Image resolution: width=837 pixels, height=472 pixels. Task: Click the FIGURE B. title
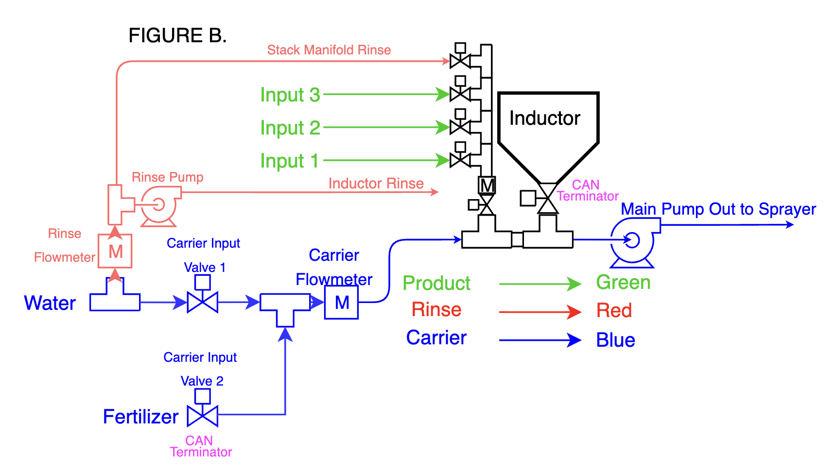[177, 35]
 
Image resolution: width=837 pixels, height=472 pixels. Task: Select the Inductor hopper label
[545, 118]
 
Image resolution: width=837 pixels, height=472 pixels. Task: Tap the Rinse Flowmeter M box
[115, 251]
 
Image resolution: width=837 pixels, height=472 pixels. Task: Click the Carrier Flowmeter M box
[342, 302]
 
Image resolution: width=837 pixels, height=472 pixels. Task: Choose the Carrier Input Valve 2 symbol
[203, 408]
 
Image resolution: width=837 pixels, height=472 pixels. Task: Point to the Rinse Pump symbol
[159, 205]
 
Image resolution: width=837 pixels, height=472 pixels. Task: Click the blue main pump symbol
[633, 241]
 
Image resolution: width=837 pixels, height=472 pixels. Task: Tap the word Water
[50, 303]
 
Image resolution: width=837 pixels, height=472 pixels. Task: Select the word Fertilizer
[141, 417]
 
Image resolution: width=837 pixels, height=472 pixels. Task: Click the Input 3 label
[290, 95]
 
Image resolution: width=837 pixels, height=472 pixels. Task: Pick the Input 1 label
[290, 161]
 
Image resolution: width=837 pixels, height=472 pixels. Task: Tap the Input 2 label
[290, 128]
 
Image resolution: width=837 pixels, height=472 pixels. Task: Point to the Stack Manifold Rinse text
[329, 50]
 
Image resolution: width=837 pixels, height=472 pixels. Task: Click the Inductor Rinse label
[376, 183]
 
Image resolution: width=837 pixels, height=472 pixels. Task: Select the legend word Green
[624, 282]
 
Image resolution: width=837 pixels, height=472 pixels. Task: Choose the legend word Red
[614, 310]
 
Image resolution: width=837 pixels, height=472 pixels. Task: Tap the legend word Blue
[616, 340]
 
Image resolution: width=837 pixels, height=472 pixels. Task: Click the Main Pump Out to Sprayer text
[718, 209]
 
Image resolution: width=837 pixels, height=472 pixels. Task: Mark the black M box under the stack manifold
[487, 185]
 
